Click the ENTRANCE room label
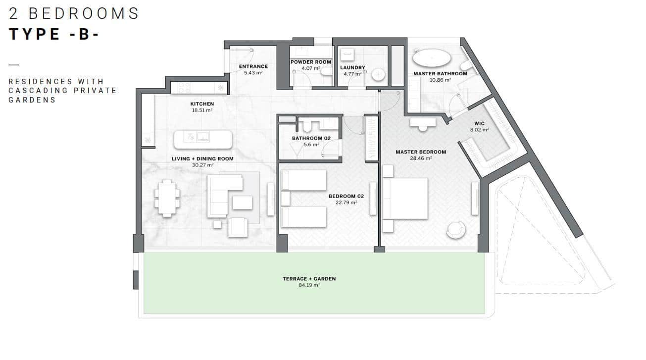coord(253,66)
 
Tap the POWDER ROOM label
coord(310,62)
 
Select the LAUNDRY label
coord(352,68)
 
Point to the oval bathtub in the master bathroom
coord(432,58)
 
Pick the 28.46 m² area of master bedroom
coord(421,158)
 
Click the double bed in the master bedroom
coord(405,198)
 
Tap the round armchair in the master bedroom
coord(455,229)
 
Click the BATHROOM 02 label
coord(311,138)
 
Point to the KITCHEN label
coord(202,104)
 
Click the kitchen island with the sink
coord(202,139)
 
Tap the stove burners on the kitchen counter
coord(184,88)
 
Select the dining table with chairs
coord(167,198)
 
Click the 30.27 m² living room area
coord(202,165)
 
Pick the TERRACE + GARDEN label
coord(309,279)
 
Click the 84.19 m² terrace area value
coord(309,285)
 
